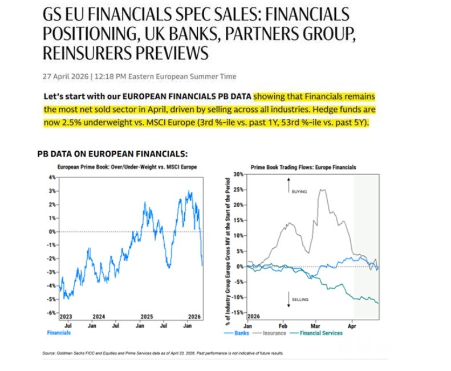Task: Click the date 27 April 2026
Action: [x=65, y=76]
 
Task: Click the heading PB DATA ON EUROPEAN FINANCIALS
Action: [x=112, y=154]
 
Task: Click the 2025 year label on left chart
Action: [x=147, y=316]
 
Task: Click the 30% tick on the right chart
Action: [x=238, y=174]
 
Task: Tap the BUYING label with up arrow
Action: [x=299, y=192]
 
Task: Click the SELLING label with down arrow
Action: [x=299, y=299]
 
